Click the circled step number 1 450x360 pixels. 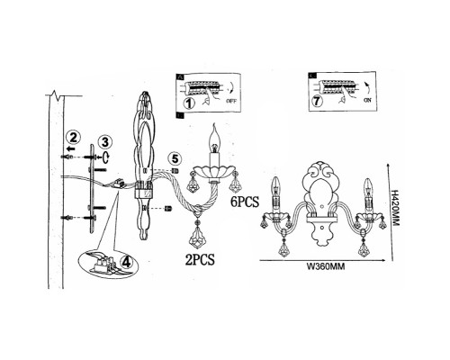[189, 103]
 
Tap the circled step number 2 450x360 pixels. [74, 138]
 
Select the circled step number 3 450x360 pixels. [105, 142]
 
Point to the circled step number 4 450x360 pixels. [126, 262]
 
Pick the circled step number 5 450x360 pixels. [175, 158]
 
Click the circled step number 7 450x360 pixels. [317, 102]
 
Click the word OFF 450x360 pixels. [231, 101]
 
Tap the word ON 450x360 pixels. [367, 100]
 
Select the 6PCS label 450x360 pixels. [245, 202]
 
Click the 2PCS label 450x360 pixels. [200, 259]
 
